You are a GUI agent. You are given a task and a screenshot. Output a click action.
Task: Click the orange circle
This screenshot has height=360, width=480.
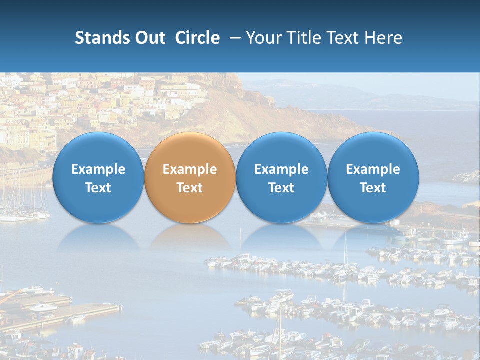pos(190,177)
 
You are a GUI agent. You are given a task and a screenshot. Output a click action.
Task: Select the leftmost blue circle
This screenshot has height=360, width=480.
pos(98,177)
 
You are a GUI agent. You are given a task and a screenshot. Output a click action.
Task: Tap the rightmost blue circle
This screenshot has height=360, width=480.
pos(373,177)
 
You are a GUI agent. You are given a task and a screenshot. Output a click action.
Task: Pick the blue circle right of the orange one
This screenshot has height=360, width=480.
pos(281,177)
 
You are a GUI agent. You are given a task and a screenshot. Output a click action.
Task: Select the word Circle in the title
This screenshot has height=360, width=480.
pos(197,38)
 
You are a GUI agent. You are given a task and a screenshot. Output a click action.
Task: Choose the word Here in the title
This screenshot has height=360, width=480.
pos(383,38)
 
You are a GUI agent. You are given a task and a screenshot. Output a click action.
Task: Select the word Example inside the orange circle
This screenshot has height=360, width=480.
pos(190,169)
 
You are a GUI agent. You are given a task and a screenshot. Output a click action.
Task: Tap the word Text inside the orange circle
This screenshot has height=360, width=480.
pos(190,188)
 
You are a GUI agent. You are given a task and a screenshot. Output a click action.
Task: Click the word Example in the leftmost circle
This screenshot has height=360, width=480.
pos(98,169)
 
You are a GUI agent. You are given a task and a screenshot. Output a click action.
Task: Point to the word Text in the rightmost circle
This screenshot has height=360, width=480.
pos(373,188)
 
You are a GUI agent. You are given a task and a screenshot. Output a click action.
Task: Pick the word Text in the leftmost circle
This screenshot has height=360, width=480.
pos(98,188)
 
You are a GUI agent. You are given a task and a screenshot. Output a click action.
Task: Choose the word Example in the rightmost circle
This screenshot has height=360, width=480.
pos(373,169)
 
